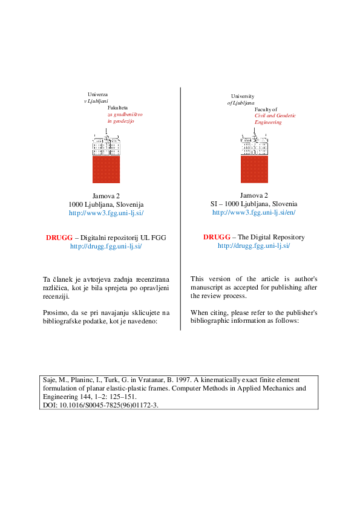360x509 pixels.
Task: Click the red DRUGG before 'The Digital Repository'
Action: pyautogui.click(x=214, y=237)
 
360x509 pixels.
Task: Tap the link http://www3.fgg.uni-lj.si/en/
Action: pyautogui.click(x=254, y=213)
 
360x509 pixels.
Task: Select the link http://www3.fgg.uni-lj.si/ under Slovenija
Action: pyautogui.click(x=106, y=213)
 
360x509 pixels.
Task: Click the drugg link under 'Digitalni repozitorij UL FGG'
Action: pyautogui.click(x=106, y=246)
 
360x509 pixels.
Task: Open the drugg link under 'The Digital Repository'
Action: pyautogui.click(x=254, y=245)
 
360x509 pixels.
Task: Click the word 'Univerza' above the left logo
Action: pyautogui.click(x=97, y=95)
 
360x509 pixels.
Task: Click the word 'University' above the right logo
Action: pyautogui.click(x=243, y=96)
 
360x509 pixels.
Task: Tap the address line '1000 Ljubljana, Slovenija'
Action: pyautogui.click(x=106, y=205)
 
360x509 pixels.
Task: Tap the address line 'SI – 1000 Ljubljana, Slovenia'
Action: pyautogui.click(x=254, y=204)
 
